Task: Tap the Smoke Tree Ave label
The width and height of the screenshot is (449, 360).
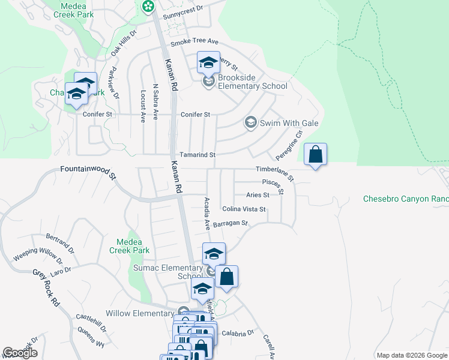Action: point(194,43)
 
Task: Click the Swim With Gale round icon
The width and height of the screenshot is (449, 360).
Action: point(250,123)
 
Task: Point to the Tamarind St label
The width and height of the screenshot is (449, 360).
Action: point(197,155)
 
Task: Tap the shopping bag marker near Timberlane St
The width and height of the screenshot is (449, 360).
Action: point(315,155)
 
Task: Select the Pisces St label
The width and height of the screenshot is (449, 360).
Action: point(274,181)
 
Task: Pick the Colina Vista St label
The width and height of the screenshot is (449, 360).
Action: point(244,209)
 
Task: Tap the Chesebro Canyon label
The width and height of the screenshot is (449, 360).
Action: point(406,199)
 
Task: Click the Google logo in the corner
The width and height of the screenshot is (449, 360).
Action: point(20,353)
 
